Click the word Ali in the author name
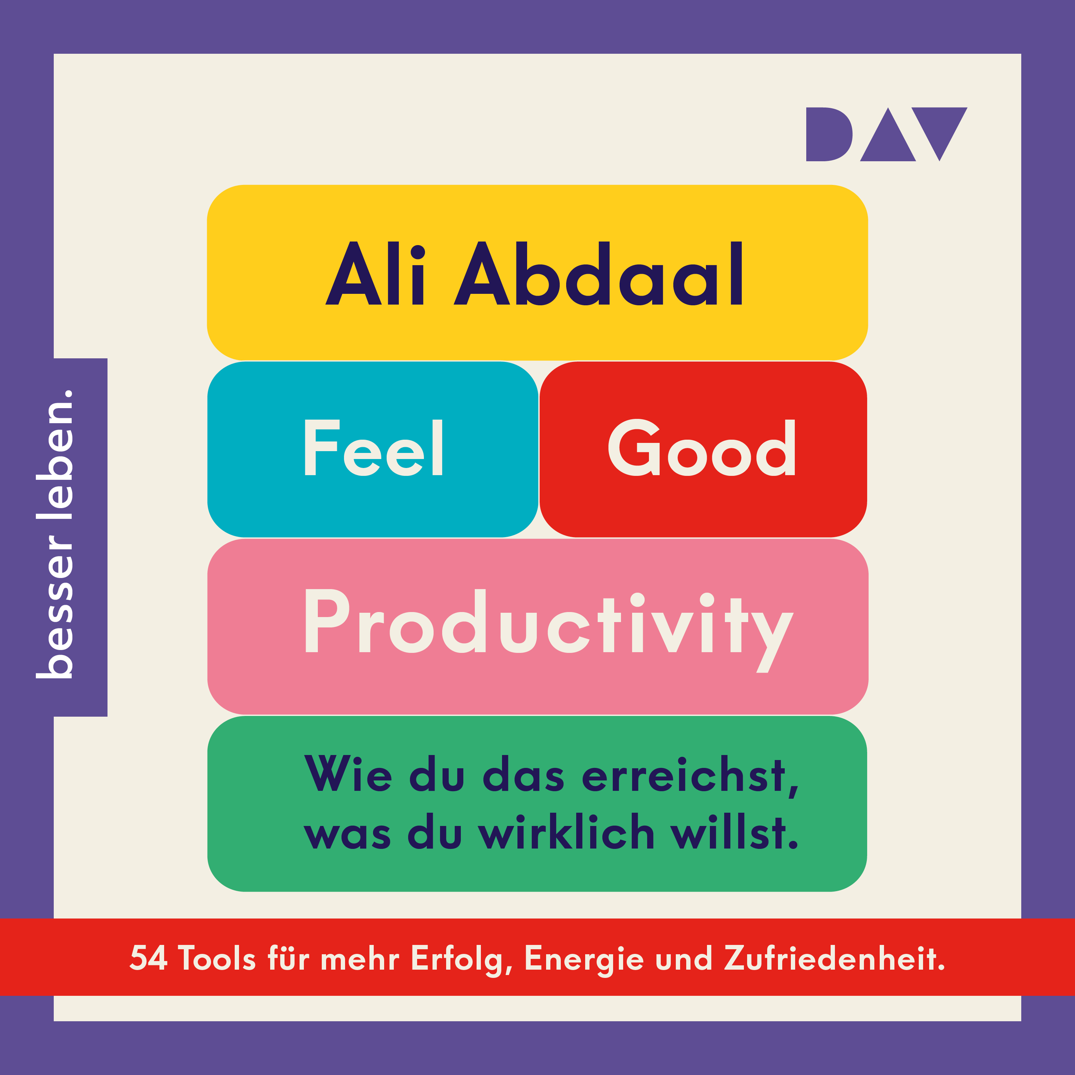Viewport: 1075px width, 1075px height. coord(375,273)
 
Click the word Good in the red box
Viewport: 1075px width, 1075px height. coord(702,447)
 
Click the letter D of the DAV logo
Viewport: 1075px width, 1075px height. coord(830,134)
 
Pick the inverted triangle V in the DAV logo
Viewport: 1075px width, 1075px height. coord(939,134)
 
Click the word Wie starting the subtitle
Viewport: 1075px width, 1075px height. coord(348,773)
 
